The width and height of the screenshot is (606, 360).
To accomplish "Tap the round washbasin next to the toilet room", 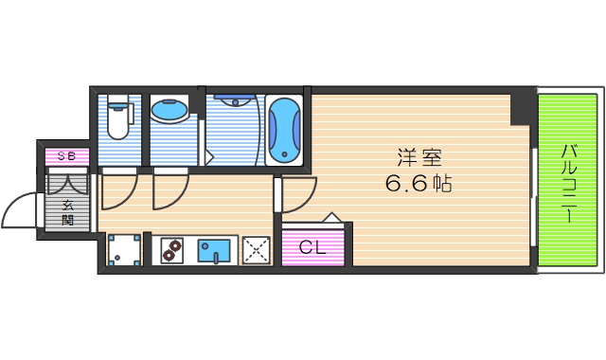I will coord(170,111).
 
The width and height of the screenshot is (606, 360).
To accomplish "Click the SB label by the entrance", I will coord(66,155).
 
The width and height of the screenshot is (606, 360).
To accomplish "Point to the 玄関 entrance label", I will coord(69,211).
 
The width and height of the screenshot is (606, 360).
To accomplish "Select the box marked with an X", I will coord(256,250).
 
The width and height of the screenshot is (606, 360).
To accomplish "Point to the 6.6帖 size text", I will coord(418,184).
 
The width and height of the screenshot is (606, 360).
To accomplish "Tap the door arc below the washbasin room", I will coord(171,189).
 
